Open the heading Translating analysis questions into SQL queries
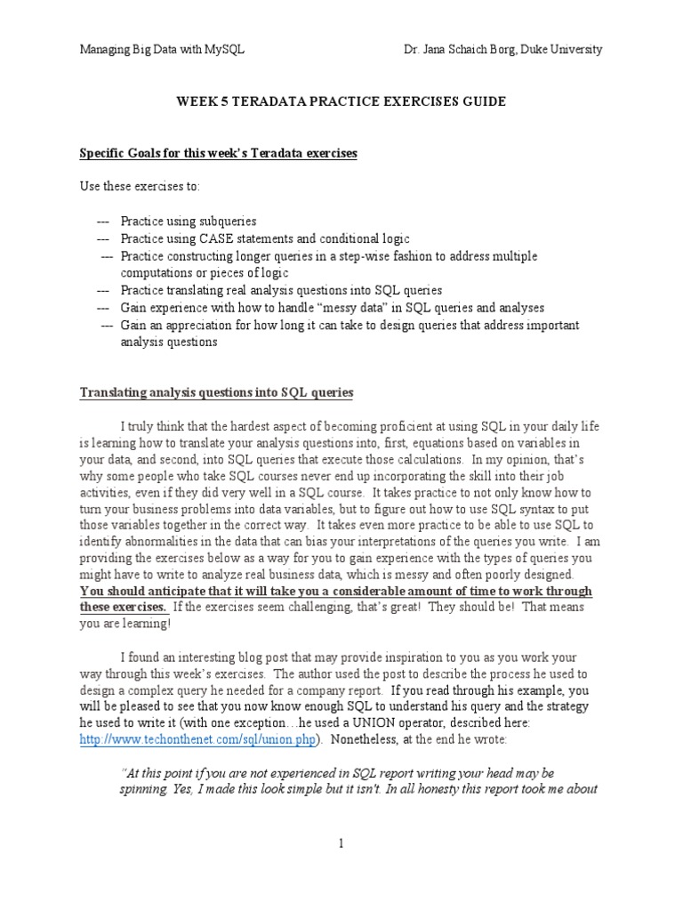pos(217,393)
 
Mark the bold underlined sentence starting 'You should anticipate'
pos(336,592)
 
